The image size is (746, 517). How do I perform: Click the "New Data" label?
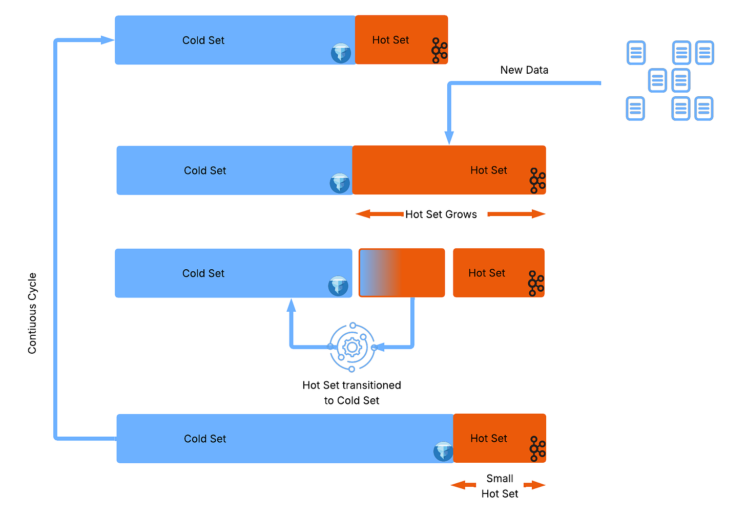pos(524,70)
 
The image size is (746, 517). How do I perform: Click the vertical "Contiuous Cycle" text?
pos(32,313)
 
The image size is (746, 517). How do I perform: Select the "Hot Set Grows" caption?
pos(441,214)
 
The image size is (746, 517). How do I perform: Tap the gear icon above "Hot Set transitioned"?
pos(352,348)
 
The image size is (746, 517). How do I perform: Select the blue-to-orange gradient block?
pos(402,273)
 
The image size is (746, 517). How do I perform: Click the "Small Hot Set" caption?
pos(500,486)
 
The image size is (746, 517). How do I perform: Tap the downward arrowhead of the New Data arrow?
pos(449,138)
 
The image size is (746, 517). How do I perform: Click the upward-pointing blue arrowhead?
pos(292,306)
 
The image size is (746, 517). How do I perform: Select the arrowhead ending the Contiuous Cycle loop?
pos(107,40)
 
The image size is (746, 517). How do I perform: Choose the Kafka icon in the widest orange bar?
pos(537,181)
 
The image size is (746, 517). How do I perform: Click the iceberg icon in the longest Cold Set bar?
pos(443,451)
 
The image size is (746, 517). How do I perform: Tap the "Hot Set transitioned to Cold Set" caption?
pos(351,393)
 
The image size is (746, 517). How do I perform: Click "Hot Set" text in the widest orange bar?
pos(488,170)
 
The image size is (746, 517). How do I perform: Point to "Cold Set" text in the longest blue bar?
pos(205,439)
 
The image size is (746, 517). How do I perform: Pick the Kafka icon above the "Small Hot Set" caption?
pos(537,449)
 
